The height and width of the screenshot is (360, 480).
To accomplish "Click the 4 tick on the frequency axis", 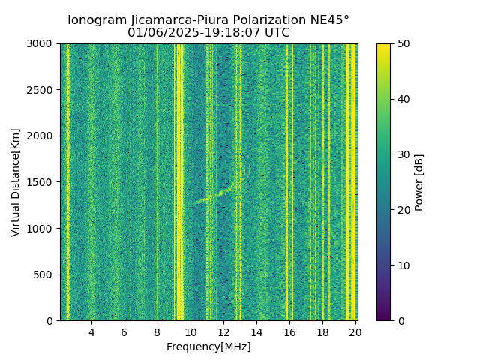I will (x=91, y=331).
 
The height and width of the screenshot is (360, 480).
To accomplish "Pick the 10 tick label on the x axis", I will (x=190, y=331).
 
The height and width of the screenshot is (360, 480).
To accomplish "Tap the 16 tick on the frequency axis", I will (x=289, y=331).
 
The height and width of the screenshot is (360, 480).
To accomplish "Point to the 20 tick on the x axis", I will (x=355, y=331).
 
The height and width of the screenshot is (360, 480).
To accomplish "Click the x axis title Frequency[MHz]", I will (x=208, y=346).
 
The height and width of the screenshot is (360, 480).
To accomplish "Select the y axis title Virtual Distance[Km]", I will (x=16, y=182).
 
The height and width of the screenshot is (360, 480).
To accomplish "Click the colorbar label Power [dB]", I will (x=419, y=182).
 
